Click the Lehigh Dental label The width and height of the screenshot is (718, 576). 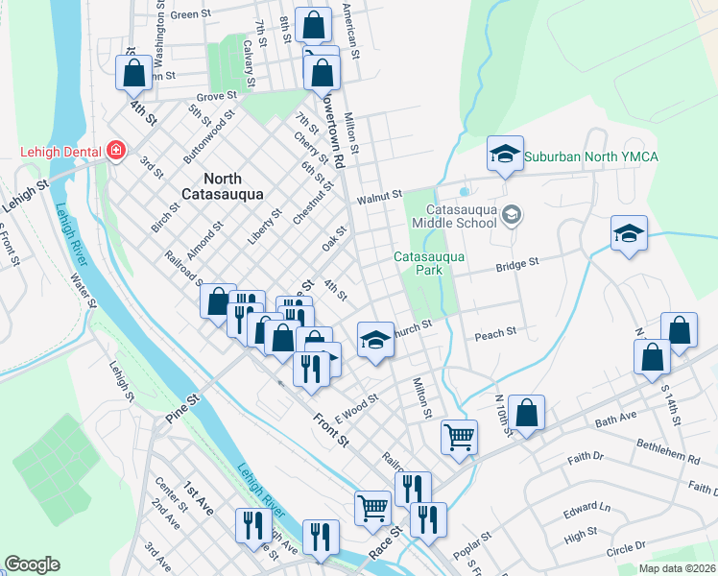click(x=61, y=152)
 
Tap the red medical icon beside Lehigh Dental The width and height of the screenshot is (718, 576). click(x=116, y=151)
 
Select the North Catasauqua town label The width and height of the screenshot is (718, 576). click(x=239, y=187)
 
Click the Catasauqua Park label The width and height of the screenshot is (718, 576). click(x=430, y=263)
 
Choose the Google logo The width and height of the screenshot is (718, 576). click(x=32, y=564)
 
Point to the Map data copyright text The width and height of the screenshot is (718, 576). click(x=676, y=568)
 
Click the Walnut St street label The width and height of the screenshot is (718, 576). click(x=377, y=198)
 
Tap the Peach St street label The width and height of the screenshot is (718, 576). click(x=496, y=333)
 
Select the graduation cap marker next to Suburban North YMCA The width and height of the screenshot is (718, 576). click(x=505, y=154)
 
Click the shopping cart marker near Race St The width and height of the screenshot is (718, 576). click(x=372, y=506)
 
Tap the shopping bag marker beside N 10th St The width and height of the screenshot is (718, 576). click(x=527, y=413)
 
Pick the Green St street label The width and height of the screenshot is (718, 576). click(x=189, y=14)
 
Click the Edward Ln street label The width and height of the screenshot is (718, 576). click(x=586, y=509)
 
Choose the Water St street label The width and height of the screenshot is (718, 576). click(x=84, y=291)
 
